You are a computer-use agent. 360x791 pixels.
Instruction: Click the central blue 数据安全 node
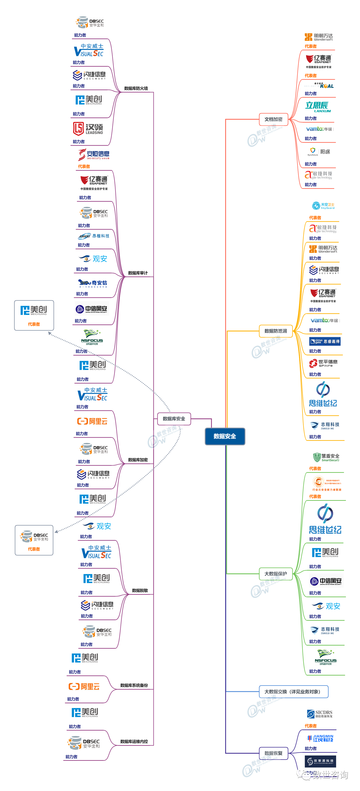(225, 436)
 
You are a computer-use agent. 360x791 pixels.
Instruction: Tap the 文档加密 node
(273, 119)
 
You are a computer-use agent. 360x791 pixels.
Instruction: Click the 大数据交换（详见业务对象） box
(293, 691)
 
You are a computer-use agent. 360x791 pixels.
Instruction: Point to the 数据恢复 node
(273, 753)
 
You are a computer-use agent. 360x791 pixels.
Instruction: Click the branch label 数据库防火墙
(136, 88)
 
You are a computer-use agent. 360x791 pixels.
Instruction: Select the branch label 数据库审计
(138, 273)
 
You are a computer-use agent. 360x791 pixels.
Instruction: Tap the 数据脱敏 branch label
(140, 590)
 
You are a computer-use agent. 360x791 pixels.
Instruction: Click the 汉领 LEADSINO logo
(88, 129)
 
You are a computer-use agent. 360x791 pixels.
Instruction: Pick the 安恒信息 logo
(94, 154)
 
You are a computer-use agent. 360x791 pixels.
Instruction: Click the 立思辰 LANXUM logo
(318, 107)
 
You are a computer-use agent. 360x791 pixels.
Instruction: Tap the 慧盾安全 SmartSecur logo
(326, 457)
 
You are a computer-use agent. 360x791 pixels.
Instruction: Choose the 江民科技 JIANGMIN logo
(320, 738)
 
